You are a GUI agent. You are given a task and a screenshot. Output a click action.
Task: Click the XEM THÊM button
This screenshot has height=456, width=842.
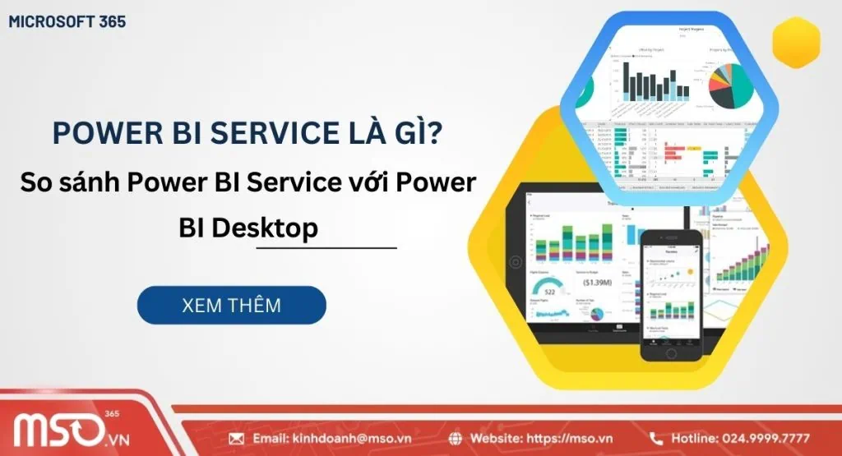(x=231, y=305)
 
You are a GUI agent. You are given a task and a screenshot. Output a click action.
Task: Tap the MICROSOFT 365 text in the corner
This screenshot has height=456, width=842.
(x=67, y=21)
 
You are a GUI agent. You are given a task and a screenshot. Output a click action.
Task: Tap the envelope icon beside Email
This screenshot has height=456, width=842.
(x=237, y=438)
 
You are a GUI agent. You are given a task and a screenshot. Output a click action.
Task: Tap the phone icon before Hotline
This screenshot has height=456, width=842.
(x=656, y=438)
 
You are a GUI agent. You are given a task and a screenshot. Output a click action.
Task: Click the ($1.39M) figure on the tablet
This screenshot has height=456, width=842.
(x=597, y=282)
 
